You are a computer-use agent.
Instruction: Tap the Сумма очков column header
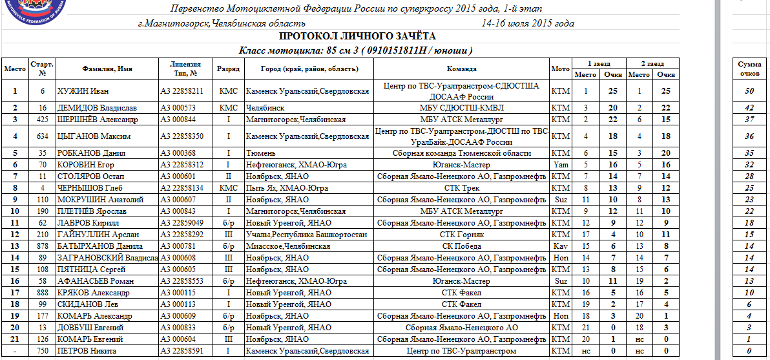(749, 68)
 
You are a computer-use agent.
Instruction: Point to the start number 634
(43, 136)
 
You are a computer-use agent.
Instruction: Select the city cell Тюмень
(260, 153)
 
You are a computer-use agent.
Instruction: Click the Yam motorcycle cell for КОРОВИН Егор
(560, 165)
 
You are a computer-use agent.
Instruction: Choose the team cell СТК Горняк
(461, 235)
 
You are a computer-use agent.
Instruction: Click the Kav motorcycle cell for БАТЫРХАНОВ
(560, 246)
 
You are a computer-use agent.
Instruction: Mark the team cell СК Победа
(461, 246)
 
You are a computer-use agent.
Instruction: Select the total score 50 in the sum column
(749, 91)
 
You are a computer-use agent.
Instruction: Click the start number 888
(43, 293)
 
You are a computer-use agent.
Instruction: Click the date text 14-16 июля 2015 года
(528, 23)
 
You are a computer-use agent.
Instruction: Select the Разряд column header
(229, 68)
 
